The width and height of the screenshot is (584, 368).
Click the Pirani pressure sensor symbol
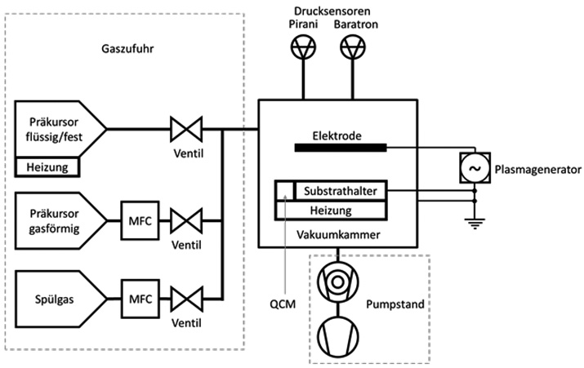coord(303,47)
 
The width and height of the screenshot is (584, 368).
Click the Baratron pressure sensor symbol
coord(353,47)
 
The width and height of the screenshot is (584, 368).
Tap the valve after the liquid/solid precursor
coord(186,129)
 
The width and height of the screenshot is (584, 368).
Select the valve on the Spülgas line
coord(186,299)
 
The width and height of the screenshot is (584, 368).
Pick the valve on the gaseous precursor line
coord(186,221)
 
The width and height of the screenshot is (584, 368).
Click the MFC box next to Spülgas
coord(140,299)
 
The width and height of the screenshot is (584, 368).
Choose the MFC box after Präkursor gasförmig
coord(140,220)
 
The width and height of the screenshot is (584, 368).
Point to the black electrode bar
coord(341,148)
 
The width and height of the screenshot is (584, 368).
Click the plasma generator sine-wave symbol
coord(475,168)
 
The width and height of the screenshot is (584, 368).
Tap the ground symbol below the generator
coord(475,224)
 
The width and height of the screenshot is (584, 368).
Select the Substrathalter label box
coord(341,191)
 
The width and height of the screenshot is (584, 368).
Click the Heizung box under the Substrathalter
coord(331,211)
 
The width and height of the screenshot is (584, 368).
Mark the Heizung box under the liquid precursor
coord(47,167)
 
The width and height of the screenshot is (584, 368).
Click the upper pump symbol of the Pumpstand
coord(338,282)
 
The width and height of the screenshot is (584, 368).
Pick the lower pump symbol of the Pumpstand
coord(338,337)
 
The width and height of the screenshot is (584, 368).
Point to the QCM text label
coord(283,304)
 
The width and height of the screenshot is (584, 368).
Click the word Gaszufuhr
coord(127,49)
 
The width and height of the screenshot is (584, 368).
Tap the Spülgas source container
coord(60,299)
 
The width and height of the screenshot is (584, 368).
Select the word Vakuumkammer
coord(338,235)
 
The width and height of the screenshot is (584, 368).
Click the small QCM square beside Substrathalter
coord(285,191)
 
